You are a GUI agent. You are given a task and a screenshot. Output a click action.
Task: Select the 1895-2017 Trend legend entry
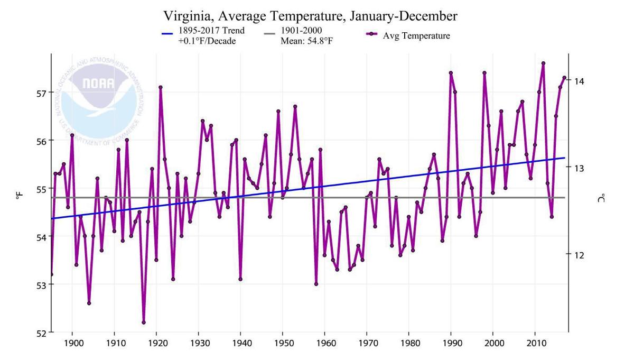click(x=211, y=31)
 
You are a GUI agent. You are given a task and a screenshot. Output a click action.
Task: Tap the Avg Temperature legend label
click(x=412, y=35)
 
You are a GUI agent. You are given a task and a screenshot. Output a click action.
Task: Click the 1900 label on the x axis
click(x=72, y=345)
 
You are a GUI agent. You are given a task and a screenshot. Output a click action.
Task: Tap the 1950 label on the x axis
click(x=283, y=345)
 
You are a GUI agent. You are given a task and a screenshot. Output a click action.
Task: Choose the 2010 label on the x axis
click(x=535, y=345)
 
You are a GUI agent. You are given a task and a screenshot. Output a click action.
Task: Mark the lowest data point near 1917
click(x=144, y=322)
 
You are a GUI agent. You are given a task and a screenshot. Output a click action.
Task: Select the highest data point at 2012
click(x=543, y=63)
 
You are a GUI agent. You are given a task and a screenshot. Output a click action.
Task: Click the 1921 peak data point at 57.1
click(x=161, y=87)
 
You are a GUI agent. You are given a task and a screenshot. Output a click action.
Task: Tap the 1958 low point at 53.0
click(x=316, y=284)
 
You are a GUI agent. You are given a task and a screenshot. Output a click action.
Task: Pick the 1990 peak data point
click(x=451, y=73)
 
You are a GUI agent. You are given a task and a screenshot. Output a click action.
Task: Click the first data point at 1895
click(x=51, y=274)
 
